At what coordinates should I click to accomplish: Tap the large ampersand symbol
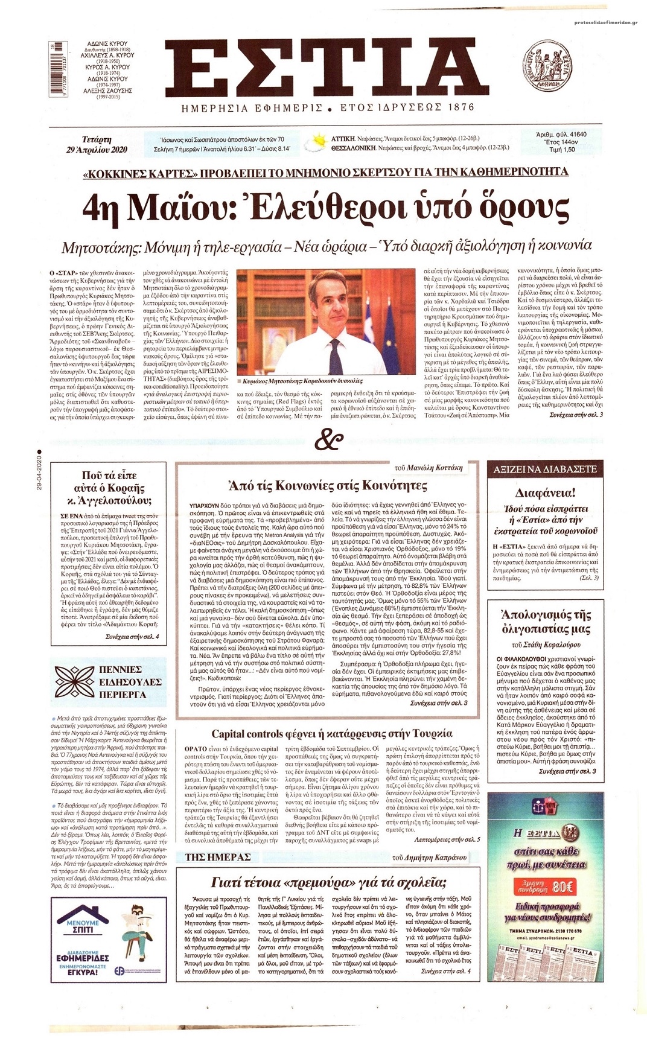[x=328, y=441]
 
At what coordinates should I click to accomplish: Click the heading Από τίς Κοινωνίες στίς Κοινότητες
[x=331, y=485]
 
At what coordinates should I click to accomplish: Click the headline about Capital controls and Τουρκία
[x=331, y=734]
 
